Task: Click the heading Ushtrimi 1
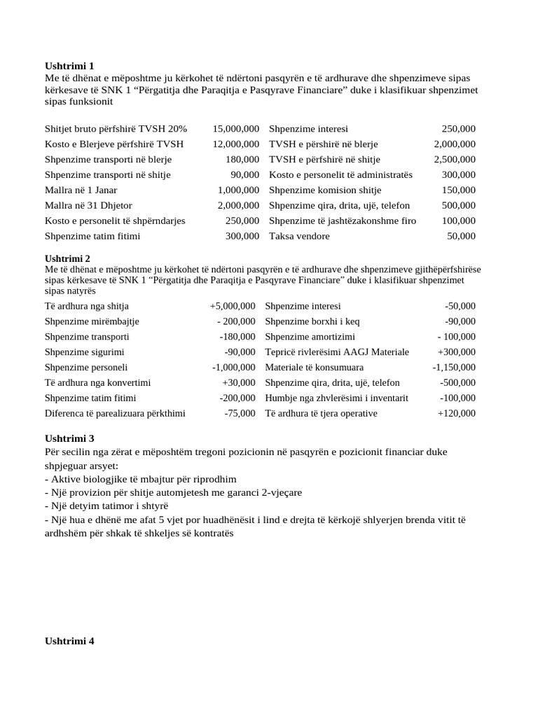pyautogui.click(x=69, y=66)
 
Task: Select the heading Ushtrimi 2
pyautogui.click(x=69, y=258)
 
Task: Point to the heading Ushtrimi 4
pyautogui.click(x=69, y=641)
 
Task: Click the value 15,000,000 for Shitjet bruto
pyautogui.click(x=235, y=129)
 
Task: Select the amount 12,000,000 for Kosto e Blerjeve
pyautogui.click(x=235, y=144)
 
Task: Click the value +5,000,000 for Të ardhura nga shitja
pyautogui.click(x=233, y=306)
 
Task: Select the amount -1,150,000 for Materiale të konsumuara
pyautogui.click(x=453, y=368)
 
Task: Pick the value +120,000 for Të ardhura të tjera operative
pyautogui.click(x=456, y=414)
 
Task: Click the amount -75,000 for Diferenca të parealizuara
pyautogui.click(x=240, y=414)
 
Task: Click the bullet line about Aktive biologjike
pyautogui.click(x=140, y=480)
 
